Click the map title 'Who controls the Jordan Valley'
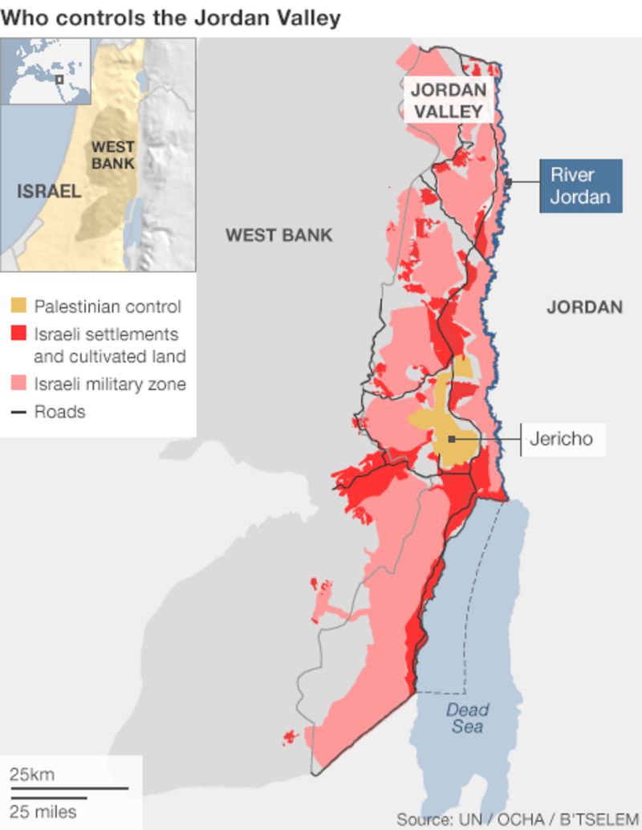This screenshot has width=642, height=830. click(171, 17)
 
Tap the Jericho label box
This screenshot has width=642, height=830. click(561, 439)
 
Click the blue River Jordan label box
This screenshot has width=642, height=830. click(579, 185)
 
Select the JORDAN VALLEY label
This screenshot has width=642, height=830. click(449, 100)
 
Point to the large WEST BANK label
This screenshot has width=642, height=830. click(278, 235)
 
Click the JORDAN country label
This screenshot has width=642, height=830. click(584, 307)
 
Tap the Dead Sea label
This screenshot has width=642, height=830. click(467, 718)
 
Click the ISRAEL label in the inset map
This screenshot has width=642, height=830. click(49, 191)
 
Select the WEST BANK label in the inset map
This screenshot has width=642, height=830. click(112, 155)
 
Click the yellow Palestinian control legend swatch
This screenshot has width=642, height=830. click(18, 306)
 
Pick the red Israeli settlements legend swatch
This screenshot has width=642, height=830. click(18, 334)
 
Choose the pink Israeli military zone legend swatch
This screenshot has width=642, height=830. click(18, 384)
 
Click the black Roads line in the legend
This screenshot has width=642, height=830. click(18, 413)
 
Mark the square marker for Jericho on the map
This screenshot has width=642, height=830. click(453, 439)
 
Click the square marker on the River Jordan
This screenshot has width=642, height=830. click(508, 183)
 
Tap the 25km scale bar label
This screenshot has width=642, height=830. click(32, 775)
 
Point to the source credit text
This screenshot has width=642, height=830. click(518, 819)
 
